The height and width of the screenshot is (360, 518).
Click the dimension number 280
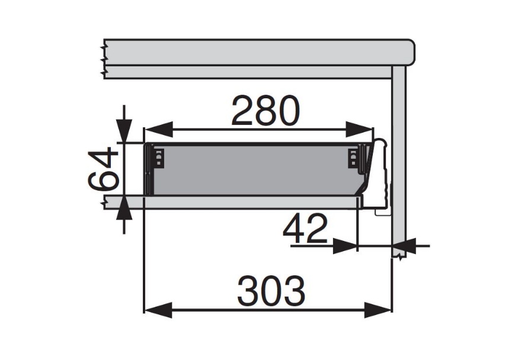[266, 111]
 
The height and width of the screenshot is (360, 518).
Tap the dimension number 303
[271, 291]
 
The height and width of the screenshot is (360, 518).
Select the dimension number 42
[305, 229]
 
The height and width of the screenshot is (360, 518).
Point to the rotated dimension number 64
[103, 171]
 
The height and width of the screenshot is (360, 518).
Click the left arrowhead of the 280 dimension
[159, 129]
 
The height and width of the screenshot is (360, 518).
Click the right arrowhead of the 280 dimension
[359, 129]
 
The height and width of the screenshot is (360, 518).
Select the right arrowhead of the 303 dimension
[378, 310]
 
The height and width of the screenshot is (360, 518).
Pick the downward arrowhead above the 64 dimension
[124, 131]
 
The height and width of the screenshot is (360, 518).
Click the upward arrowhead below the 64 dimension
[124, 208]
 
